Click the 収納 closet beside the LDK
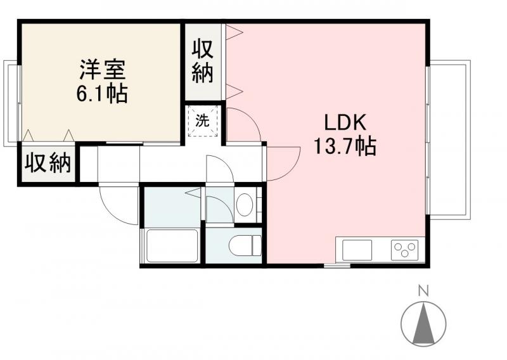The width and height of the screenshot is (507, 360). click(x=202, y=61)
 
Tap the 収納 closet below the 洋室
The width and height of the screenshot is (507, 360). click(x=47, y=164)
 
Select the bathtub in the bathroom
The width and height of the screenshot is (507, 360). click(x=172, y=245)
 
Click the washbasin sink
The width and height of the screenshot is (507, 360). click(x=246, y=204)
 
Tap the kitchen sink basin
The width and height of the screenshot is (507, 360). click(x=357, y=249)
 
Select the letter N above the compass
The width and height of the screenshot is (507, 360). click(x=423, y=292)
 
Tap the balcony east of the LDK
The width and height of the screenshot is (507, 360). click(x=450, y=139)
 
